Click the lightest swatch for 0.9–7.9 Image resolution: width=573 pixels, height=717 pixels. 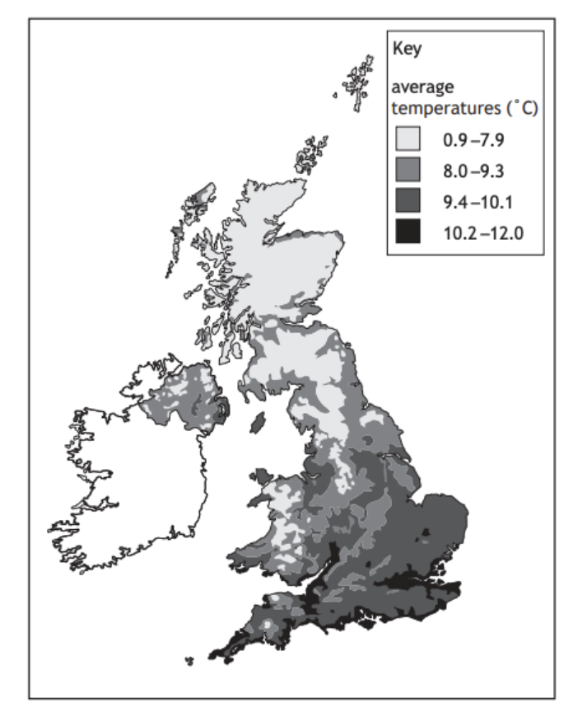click(409, 140)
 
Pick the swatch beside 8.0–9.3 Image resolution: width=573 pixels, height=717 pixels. click(409, 171)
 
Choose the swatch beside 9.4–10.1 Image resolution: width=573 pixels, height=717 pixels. click(409, 201)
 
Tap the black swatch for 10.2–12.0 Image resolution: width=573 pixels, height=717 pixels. click(409, 232)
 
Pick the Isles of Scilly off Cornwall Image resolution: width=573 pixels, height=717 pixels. click(189, 660)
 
